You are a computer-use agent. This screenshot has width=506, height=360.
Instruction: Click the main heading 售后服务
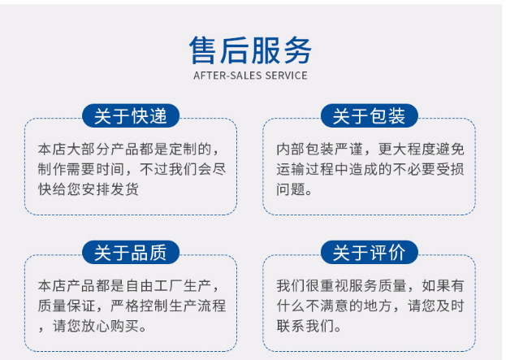[250, 50]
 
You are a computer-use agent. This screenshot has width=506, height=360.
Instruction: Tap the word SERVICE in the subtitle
[286, 76]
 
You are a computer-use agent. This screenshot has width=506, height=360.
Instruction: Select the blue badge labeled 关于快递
[131, 115]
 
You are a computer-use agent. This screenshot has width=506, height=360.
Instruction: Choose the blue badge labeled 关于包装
[370, 115]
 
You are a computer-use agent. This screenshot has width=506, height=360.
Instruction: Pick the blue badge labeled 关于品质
[131, 252]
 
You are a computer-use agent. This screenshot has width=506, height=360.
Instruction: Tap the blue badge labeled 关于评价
[370, 252]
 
